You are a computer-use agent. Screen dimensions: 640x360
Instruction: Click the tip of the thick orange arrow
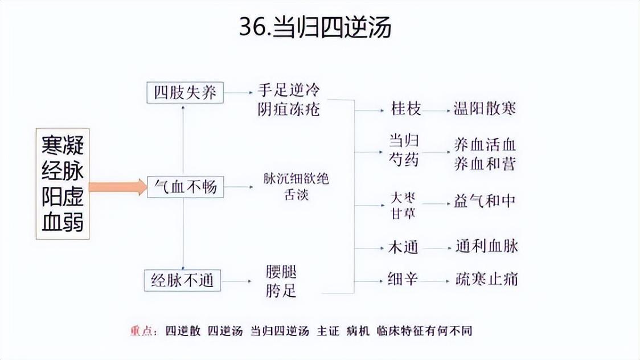tap(147, 187)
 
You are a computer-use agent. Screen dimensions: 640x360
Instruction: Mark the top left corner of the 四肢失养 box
tap(147, 82)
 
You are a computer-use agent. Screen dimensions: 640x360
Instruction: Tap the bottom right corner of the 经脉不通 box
tap(221, 291)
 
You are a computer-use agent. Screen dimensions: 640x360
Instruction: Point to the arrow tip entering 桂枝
tap(384, 110)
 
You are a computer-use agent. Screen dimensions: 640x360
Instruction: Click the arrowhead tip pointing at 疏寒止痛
tap(451, 281)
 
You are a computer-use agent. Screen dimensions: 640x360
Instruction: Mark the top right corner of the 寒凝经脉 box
tap(89, 129)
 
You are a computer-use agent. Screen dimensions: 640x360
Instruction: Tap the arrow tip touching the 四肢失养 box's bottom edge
tap(183, 104)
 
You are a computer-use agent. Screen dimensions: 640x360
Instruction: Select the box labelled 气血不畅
tap(185, 187)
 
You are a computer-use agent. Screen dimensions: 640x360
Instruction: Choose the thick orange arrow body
tap(118, 187)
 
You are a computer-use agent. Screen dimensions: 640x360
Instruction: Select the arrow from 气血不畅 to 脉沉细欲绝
tap(239, 187)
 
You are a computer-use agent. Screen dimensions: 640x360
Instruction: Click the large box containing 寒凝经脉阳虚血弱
tap(63, 183)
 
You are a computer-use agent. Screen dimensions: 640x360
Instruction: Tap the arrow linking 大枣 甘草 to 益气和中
tap(436, 203)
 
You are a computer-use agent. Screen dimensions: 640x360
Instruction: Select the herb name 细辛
tap(403, 279)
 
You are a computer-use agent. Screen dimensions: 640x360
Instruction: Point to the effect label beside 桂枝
tap(485, 109)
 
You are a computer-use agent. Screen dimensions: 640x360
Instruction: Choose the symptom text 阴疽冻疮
tap(289, 109)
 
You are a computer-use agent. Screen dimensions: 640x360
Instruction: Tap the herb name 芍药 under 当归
tap(404, 159)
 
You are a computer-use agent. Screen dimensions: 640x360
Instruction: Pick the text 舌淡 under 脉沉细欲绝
tap(296, 195)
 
